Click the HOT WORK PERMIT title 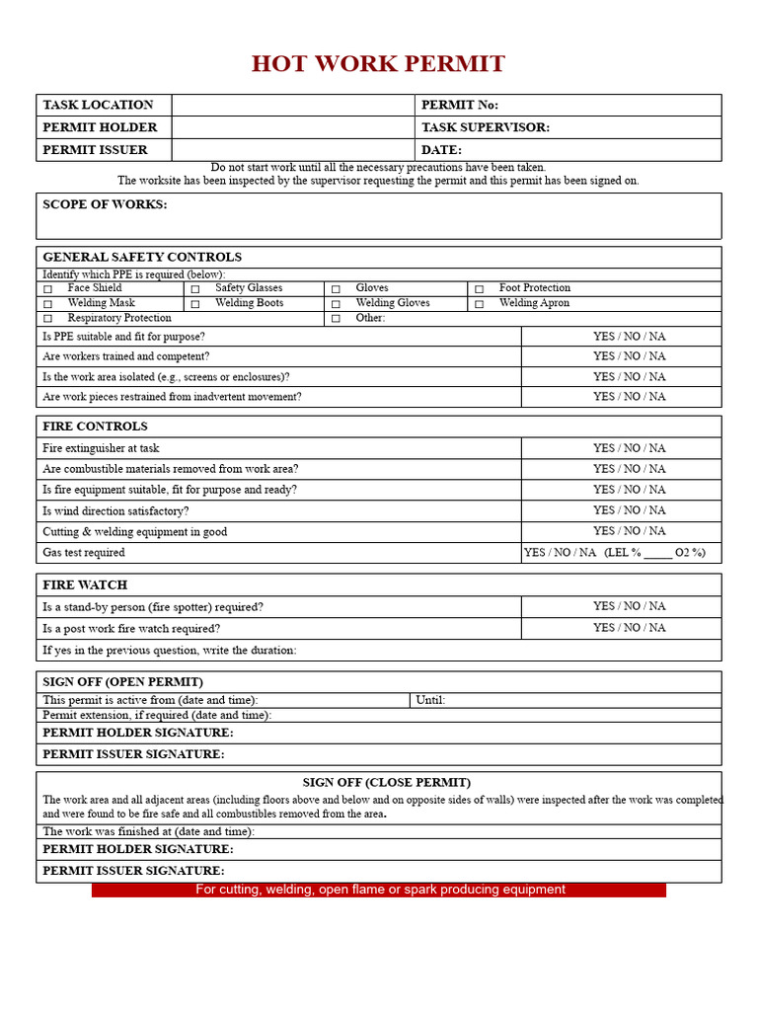[x=378, y=64]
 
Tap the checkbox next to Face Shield [x=47, y=289]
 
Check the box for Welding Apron [x=479, y=304]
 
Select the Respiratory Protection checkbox [x=47, y=319]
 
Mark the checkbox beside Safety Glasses [x=195, y=289]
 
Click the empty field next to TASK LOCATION [x=293, y=106]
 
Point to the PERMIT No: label [x=460, y=106]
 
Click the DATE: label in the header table [x=441, y=150]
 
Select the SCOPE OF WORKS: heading [x=105, y=204]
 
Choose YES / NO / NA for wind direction [x=629, y=510]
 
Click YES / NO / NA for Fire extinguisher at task [x=629, y=448]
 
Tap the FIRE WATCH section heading [x=85, y=585]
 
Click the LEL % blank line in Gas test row [x=657, y=554]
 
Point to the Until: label [x=430, y=700]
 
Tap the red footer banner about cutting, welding [x=380, y=890]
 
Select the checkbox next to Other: [x=336, y=319]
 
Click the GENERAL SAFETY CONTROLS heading [x=142, y=258]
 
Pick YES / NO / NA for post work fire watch [x=629, y=628]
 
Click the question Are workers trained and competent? [x=126, y=356]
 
